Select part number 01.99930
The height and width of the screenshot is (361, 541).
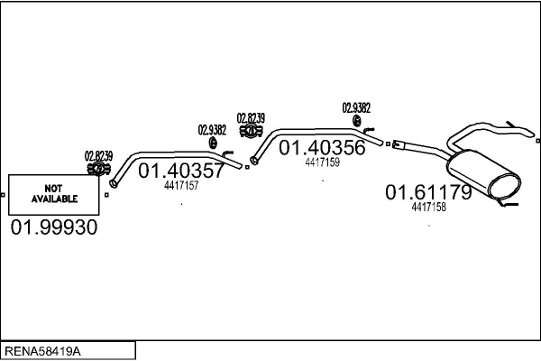[53, 227]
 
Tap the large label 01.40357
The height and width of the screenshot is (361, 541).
[180, 171]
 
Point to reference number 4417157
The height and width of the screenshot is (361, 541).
[181, 187]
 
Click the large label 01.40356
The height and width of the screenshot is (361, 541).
[322, 148]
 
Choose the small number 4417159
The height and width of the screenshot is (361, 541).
[322, 163]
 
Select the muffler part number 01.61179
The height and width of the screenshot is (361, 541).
[428, 192]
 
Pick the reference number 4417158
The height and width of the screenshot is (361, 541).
[428, 208]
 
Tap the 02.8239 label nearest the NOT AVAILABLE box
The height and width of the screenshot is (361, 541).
[98, 155]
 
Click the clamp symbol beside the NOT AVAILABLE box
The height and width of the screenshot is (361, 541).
[97, 168]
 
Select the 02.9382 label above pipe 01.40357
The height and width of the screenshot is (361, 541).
[212, 129]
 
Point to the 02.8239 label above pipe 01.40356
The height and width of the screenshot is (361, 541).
[251, 117]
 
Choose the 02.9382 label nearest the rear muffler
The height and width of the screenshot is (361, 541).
[356, 107]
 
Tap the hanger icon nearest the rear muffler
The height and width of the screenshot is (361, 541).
[357, 121]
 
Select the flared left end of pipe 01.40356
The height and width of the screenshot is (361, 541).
[254, 161]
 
